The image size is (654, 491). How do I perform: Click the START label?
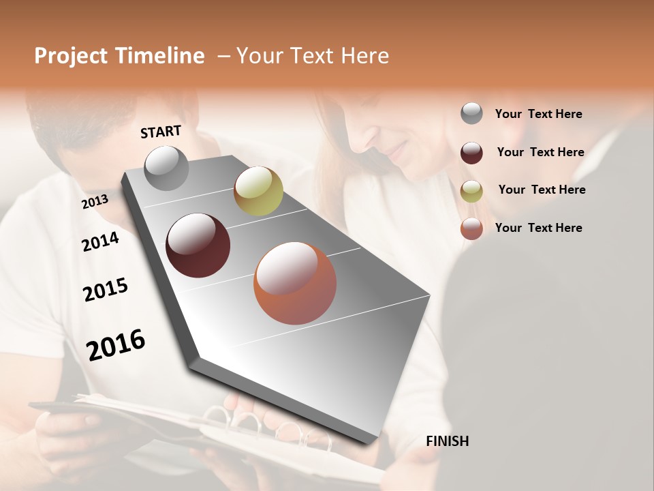pos(161,132)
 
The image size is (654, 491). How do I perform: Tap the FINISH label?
pos(447,441)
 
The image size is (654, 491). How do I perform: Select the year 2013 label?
pos(95,202)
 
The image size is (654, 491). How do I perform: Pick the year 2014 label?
pos(100,241)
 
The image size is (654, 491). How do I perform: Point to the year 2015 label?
pos(106,290)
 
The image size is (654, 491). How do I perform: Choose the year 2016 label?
pos(116,345)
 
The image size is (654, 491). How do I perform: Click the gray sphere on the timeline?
pos(166,168)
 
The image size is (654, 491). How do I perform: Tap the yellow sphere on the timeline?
pos(258,191)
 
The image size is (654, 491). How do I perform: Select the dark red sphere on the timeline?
pos(198,245)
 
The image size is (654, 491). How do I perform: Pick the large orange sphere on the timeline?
pos(295,283)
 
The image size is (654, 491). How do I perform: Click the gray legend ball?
pos(471,113)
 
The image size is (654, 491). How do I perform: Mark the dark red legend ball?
pos(471,153)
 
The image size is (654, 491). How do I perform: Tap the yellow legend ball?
pos(471,191)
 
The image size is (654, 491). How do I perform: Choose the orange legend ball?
pos(471,228)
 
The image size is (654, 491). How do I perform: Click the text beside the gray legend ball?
pos(539,114)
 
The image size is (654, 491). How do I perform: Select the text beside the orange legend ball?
pos(539,228)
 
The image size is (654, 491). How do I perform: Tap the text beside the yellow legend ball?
pos(542,190)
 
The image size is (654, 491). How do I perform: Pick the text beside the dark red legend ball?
pos(541,152)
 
